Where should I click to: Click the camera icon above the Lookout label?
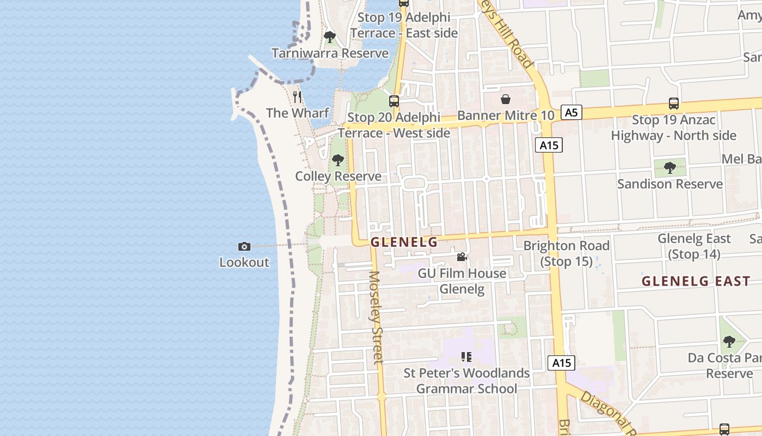(x=244, y=247)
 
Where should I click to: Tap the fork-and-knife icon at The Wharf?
(x=297, y=97)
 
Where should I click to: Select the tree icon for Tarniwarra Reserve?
(x=329, y=37)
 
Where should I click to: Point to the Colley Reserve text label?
(x=338, y=177)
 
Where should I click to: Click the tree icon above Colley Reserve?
(x=338, y=160)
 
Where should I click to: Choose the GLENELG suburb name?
(x=404, y=243)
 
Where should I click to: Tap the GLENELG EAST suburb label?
(x=696, y=281)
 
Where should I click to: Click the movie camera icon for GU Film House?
(x=462, y=257)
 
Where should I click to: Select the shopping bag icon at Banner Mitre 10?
(x=505, y=99)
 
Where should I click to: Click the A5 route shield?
(x=570, y=113)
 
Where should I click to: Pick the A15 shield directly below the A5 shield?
(x=549, y=145)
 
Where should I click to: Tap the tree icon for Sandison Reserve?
(x=670, y=167)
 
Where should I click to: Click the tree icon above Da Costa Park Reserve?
(x=729, y=342)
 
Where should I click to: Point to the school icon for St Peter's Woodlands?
(x=466, y=357)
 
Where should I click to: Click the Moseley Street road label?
(x=376, y=317)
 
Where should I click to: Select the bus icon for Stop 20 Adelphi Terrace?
(x=394, y=101)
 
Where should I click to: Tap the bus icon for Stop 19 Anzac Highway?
(x=673, y=103)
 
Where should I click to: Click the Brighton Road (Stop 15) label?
(x=566, y=253)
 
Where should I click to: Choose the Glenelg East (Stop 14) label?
(x=694, y=246)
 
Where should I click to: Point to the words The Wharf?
(x=297, y=113)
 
